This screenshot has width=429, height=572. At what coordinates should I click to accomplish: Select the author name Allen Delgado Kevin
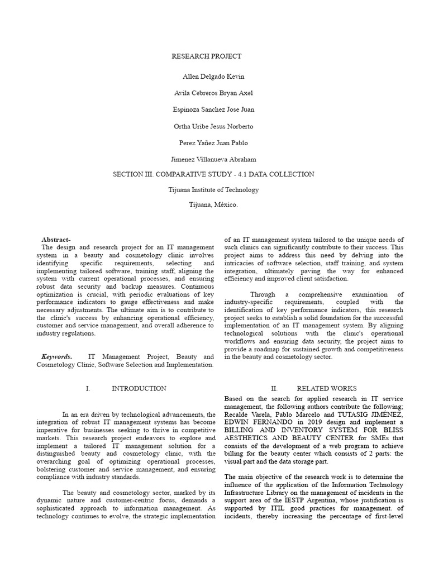[214, 77]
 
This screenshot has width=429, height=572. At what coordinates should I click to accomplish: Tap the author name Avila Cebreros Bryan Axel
[214, 93]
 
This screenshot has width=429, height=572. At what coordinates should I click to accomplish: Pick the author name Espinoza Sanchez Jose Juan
[214, 109]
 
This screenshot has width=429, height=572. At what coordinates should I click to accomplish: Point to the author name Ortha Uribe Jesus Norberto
[214, 126]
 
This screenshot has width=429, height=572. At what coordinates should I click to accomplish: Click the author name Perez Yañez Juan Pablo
[214, 142]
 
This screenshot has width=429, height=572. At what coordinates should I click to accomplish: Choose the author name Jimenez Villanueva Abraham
[214, 159]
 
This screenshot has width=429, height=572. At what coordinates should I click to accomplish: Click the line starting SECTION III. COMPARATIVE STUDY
[214, 174]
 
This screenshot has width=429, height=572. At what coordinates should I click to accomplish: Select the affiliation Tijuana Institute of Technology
[214, 190]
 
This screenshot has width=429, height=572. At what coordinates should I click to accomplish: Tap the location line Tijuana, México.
[214, 205]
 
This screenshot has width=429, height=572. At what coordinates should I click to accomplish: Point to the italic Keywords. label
[56, 356]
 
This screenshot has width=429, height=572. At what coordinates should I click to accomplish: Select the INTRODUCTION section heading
[139, 388]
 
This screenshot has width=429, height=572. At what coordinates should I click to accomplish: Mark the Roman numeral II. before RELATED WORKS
[274, 388]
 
